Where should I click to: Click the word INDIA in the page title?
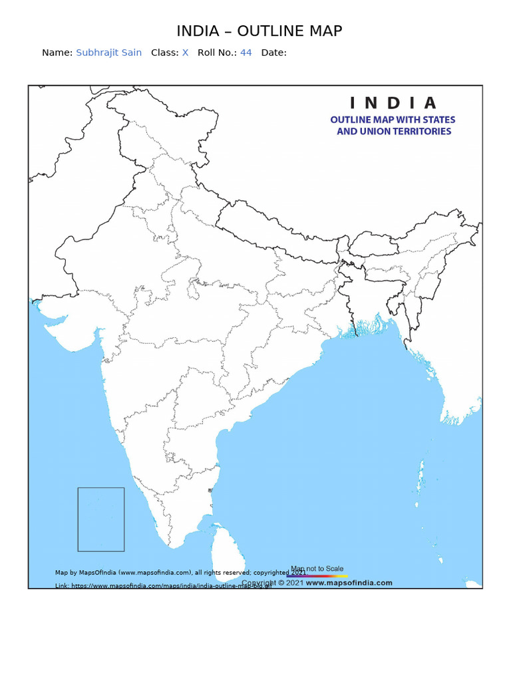[197, 31]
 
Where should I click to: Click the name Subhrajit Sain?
[108, 53]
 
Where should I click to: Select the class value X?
[186, 53]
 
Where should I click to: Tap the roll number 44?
[246, 53]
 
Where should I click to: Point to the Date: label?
[273, 53]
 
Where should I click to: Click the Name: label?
[57, 53]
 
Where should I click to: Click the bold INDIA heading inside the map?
[393, 103]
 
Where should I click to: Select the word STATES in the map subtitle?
[436, 120]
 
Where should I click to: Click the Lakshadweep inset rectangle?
[101, 519]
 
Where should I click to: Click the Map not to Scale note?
[317, 569]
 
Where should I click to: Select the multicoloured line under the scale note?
[317, 576]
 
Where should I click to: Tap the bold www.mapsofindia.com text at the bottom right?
[349, 583]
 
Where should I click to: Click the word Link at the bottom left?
[61, 586]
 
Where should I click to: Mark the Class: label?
[165, 53]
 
